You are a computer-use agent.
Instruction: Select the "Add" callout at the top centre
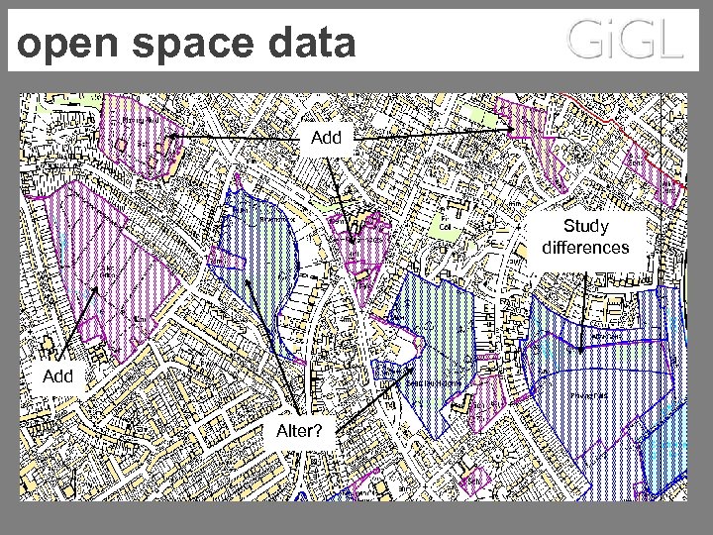tap(326, 137)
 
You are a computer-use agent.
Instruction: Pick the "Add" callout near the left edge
tap(58, 376)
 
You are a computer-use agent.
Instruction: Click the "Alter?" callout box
tap(299, 430)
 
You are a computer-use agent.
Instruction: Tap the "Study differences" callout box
tap(584, 238)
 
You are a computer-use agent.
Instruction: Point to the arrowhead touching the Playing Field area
tap(169, 136)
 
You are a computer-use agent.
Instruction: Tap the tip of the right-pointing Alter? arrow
tap(416, 370)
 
